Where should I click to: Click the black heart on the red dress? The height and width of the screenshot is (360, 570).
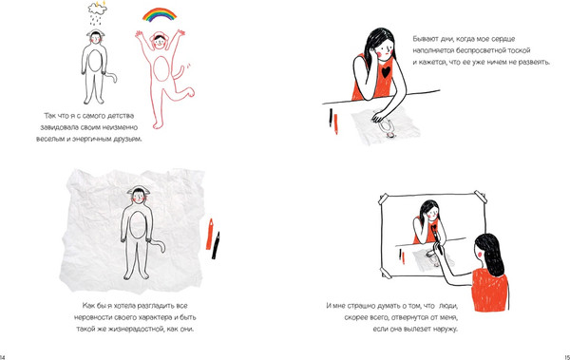[x=386, y=71]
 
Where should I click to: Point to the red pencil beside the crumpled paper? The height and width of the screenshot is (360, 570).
[x=209, y=235]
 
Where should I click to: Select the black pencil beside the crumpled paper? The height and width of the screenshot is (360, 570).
[x=216, y=246]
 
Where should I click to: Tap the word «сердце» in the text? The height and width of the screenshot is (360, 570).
[x=503, y=39]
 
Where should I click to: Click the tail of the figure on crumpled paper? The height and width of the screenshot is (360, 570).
[x=158, y=245]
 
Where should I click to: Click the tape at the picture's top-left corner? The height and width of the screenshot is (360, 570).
[x=384, y=199]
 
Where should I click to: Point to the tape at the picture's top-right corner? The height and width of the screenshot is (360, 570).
[x=481, y=197]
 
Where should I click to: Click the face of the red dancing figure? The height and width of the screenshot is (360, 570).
[x=160, y=42]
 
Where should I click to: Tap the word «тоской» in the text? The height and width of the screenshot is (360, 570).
[x=519, y=50]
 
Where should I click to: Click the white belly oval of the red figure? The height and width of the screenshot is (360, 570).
[x=161, y=69]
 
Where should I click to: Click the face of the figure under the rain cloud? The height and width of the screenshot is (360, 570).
[x=96, y=38]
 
